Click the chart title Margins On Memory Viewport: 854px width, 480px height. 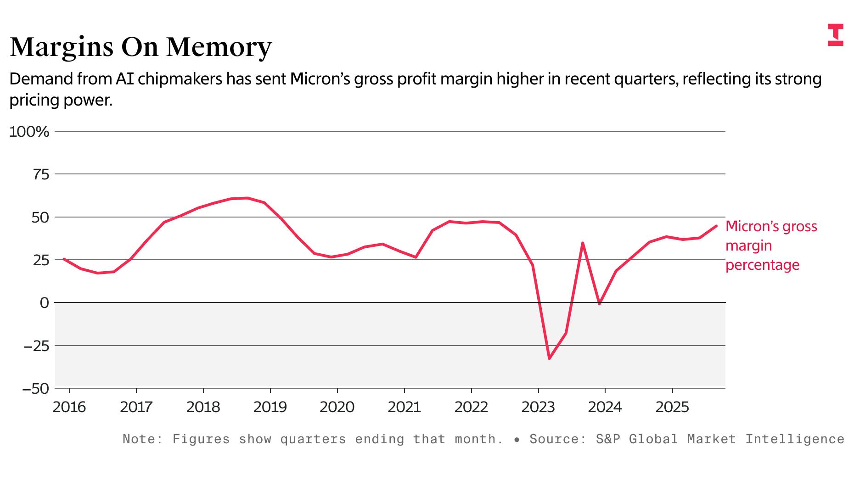[140, 47]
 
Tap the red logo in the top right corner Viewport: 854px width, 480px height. [835, 35]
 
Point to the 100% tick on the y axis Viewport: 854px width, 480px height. [29, 132]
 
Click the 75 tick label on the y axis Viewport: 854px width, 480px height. [40, 174]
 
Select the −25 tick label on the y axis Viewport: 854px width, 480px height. [36, 346]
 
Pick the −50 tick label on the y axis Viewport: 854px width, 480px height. [36, 389]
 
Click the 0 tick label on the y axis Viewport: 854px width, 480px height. [44, 303]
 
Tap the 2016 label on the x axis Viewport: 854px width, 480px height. [69, 407]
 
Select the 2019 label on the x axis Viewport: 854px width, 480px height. [270, 407]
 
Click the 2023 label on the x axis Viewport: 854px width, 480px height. [538, 407]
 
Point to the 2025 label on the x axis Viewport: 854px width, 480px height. [672, 407]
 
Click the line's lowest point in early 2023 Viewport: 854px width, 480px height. [549, 358]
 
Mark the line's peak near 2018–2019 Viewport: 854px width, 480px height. [247, 198]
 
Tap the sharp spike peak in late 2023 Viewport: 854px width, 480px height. [583, 243]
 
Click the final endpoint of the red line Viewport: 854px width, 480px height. [716, 226]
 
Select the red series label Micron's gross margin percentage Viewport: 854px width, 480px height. [771, 246]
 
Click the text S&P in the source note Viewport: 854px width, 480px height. [608, 439]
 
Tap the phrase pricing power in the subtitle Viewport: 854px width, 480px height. [61, 100]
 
